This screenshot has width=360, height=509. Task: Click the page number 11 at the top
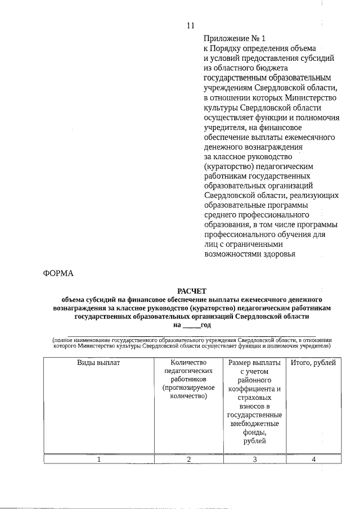[190, 25]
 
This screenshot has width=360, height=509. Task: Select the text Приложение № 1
[233, 38]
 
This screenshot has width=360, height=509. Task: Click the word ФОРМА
[58, 274]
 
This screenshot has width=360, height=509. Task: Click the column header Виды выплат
[98, 363]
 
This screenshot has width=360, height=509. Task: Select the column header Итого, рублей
[313, 363]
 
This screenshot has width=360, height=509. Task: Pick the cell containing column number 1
[98, 460]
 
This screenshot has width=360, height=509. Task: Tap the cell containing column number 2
[188, 460]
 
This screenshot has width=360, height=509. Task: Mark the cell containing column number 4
[313, 460]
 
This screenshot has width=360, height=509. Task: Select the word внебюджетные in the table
[254, 424]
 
